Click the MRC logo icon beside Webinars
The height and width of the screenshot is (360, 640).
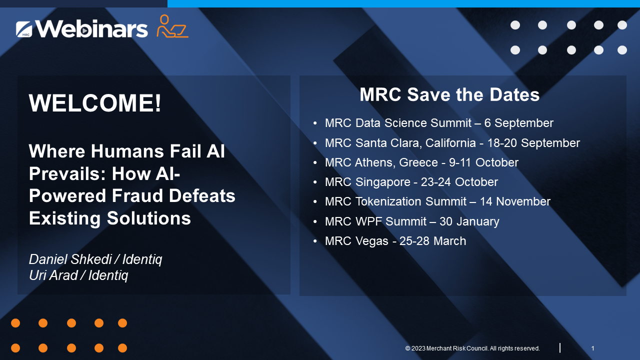[24, 29]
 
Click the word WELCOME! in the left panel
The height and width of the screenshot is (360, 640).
[95, 103]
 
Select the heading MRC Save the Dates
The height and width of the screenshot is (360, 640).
[449, 94]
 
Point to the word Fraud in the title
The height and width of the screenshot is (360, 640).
[137, 196]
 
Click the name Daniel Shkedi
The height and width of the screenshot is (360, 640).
[70, 259]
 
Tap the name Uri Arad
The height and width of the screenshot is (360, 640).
[53, 275]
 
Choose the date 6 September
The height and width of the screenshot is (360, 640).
[519, 123]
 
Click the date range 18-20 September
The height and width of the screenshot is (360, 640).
[533, 143]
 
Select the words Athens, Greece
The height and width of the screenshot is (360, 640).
[396, 162]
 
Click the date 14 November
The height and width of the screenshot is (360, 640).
[515, 201]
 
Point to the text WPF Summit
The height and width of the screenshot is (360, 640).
[391, 221]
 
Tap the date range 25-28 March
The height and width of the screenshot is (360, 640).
[432, 241]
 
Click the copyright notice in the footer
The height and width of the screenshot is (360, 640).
[472, 348]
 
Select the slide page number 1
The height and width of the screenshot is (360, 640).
[592, 348]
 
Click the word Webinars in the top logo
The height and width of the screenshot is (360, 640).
[91, 28]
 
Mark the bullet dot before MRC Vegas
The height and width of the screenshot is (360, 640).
[315, 241]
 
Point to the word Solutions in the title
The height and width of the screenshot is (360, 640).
[148, 218]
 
